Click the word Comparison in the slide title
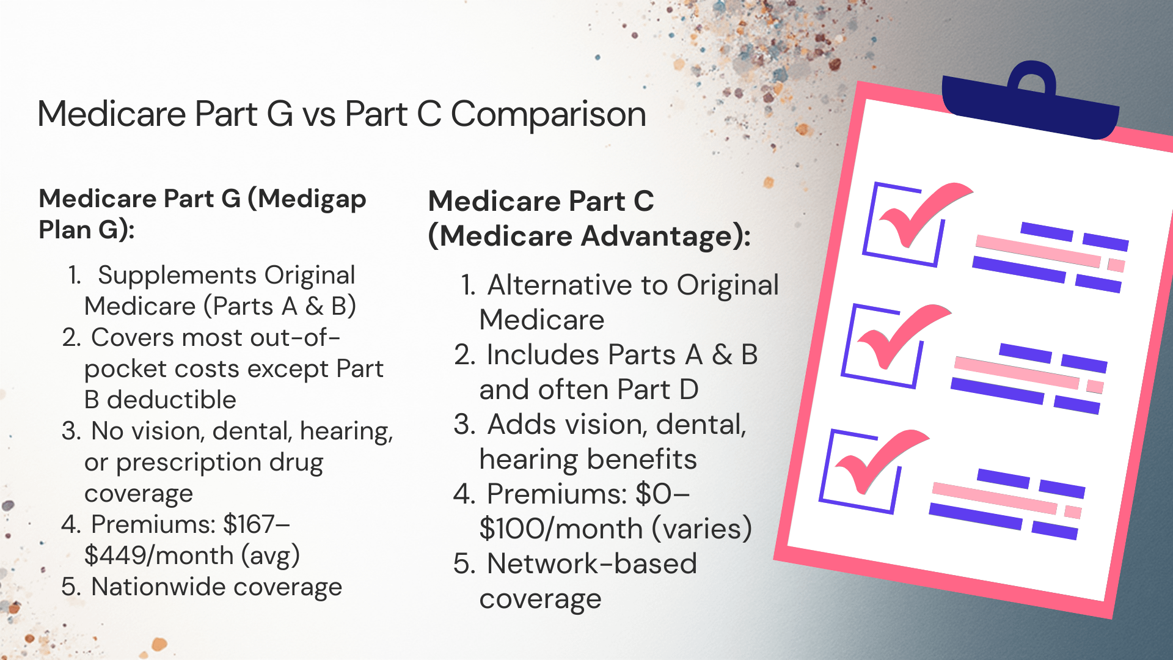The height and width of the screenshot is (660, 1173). click(x=548, y=114)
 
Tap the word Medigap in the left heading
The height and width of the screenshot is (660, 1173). click(x=312, y=199)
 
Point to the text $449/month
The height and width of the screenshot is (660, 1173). click(x=159, y=555)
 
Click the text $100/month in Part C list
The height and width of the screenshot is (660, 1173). click(x=561, y=529)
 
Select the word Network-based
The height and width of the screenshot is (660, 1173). click(x=591, y=563)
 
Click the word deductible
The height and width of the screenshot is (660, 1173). click(x=172, y=400)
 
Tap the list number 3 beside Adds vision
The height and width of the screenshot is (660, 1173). click(x=465, y=425)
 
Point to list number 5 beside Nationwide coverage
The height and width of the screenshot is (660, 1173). click(x=71, y=587)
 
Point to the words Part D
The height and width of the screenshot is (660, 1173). click(x=657, y=390)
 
